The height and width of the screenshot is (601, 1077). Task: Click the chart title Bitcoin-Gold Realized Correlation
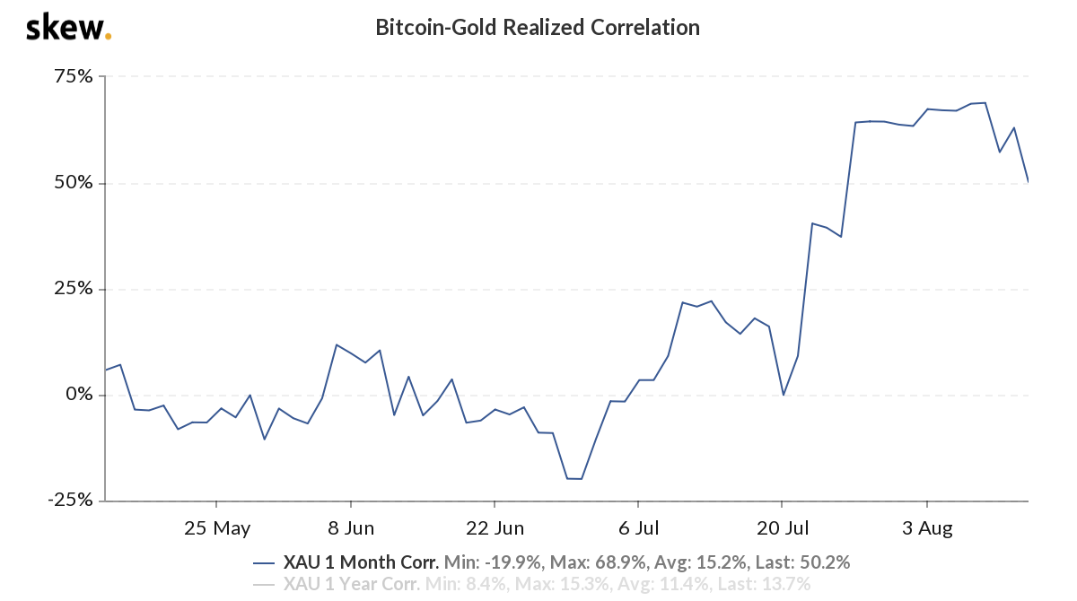537,28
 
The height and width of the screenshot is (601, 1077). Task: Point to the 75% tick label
72,77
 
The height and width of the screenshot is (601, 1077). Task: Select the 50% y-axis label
72,183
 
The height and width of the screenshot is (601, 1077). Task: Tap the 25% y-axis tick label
72,289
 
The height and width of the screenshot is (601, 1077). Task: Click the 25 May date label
216,527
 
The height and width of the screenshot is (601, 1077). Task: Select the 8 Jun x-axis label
351,527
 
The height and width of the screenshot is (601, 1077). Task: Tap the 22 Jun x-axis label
495,527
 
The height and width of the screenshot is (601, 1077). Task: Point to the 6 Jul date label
637,527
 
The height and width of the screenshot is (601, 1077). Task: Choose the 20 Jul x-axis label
782,527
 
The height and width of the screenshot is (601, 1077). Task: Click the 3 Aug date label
926,527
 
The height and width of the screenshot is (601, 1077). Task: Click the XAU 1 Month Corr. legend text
361,563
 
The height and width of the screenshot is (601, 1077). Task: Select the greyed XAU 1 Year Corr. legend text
352,585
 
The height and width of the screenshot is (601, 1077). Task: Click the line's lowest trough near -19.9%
574,479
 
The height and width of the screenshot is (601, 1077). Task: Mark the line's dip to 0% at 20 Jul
784,395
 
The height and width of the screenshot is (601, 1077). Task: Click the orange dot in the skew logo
109,37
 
